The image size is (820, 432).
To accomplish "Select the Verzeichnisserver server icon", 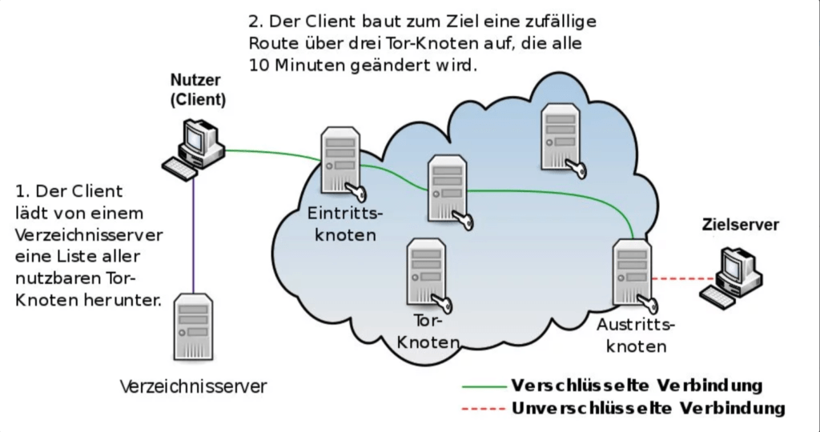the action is point(194,326).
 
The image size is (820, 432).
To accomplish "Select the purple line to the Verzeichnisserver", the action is point(193,235).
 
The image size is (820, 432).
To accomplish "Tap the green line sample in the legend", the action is point(484,387).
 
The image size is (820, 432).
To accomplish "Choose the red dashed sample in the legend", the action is point(484,409).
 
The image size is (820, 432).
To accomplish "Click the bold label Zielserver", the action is point(740,225).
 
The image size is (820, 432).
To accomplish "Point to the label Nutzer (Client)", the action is point(199,90).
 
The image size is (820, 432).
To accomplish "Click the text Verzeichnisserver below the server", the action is point(194,387).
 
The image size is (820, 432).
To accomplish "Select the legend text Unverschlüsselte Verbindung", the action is point(649,408).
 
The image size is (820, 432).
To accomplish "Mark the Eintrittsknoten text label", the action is point(345,223).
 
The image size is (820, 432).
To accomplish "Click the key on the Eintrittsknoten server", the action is point(356,192).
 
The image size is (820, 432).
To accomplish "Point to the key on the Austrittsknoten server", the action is point(649,305).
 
